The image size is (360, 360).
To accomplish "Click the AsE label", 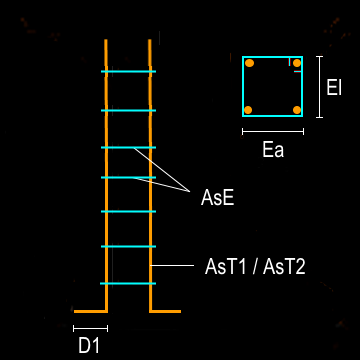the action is (217, 198).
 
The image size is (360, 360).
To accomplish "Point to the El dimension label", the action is (336, 87).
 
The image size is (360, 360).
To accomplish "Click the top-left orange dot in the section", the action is (249, 65).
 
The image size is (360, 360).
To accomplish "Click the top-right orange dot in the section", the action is (296, 65).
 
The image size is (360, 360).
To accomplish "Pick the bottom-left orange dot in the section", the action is (249, 109).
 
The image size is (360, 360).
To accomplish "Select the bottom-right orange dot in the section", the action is (296, 109).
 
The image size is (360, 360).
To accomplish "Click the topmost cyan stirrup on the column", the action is (128, 72).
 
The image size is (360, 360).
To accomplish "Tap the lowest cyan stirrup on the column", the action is (128, 284).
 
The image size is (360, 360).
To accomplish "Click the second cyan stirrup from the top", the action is (128, 110).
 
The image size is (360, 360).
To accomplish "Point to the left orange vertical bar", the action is (105, 180).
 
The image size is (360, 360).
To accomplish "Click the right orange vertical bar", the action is (150, 180).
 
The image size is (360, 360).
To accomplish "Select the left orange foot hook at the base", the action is (90, 311).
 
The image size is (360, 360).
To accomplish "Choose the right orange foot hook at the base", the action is (165, 311).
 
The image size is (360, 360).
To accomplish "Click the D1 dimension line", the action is (90, 327).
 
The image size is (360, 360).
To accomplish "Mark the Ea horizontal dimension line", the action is (272, 131).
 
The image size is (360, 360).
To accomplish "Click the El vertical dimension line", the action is (319, 87).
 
